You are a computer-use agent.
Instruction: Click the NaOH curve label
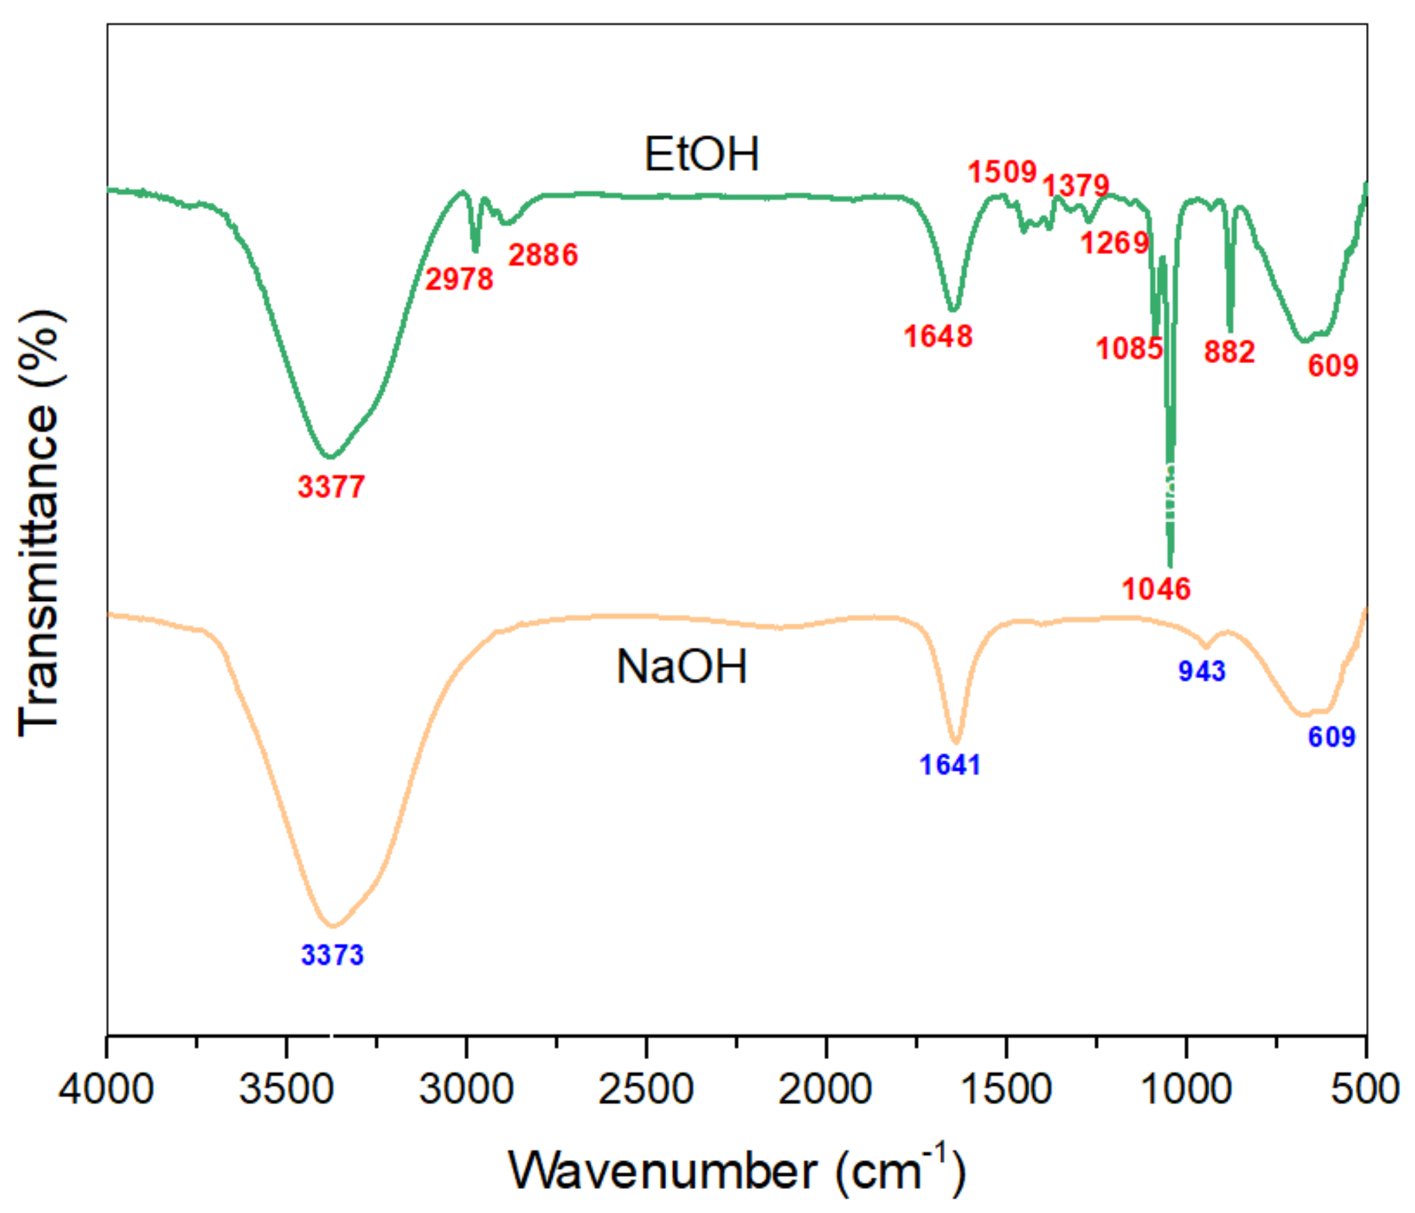coord(681,667)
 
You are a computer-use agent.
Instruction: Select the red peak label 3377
coord(331,487)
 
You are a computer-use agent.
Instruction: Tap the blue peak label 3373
coord(332,955)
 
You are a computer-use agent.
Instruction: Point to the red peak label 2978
coord(459,279)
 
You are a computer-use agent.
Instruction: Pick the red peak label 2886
coord(543,255)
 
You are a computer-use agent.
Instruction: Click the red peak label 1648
coord(938,336)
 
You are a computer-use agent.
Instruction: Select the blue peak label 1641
coord(950,765)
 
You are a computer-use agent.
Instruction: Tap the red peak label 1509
coord(1002,172)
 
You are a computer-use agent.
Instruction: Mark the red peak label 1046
coord(1156,589)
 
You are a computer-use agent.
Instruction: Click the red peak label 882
coord(1229,352)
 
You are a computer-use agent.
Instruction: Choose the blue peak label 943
coord(1201,671)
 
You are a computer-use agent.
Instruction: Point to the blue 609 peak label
coord(1332,737)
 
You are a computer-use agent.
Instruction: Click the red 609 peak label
coord(1332,365)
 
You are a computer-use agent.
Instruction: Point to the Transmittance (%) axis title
coord(39,524)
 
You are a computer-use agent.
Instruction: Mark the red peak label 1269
coord(1114,242)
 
